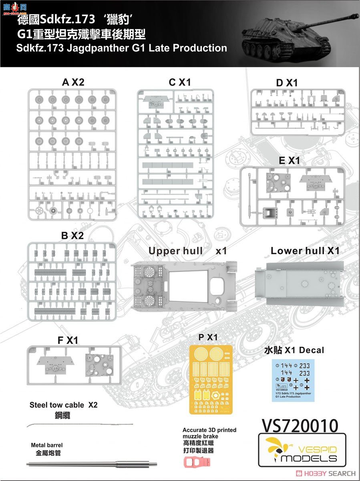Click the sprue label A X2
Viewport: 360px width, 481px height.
pyautogui.click(x=73, y=82)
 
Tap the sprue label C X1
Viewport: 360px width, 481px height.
pyautogui.click(x=180, y=82)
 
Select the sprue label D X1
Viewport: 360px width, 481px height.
pyautogui.click(x=286, y=83)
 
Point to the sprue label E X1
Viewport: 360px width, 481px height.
pyautogui.click(x=289, y=160)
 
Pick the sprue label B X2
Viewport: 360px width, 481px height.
pyautogui.click(x=72, y=236)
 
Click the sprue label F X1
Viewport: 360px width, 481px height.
pyautogui.click(x=68, y=340)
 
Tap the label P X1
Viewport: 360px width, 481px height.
pyautogui.click(x=208, y=337)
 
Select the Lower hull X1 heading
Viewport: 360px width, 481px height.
pyautogui.click(x=305, y=251)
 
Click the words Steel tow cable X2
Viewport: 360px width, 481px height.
pyautogui.click(x=64, y=405)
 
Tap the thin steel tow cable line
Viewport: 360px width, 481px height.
pyautogui.click(x=80, y=424)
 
